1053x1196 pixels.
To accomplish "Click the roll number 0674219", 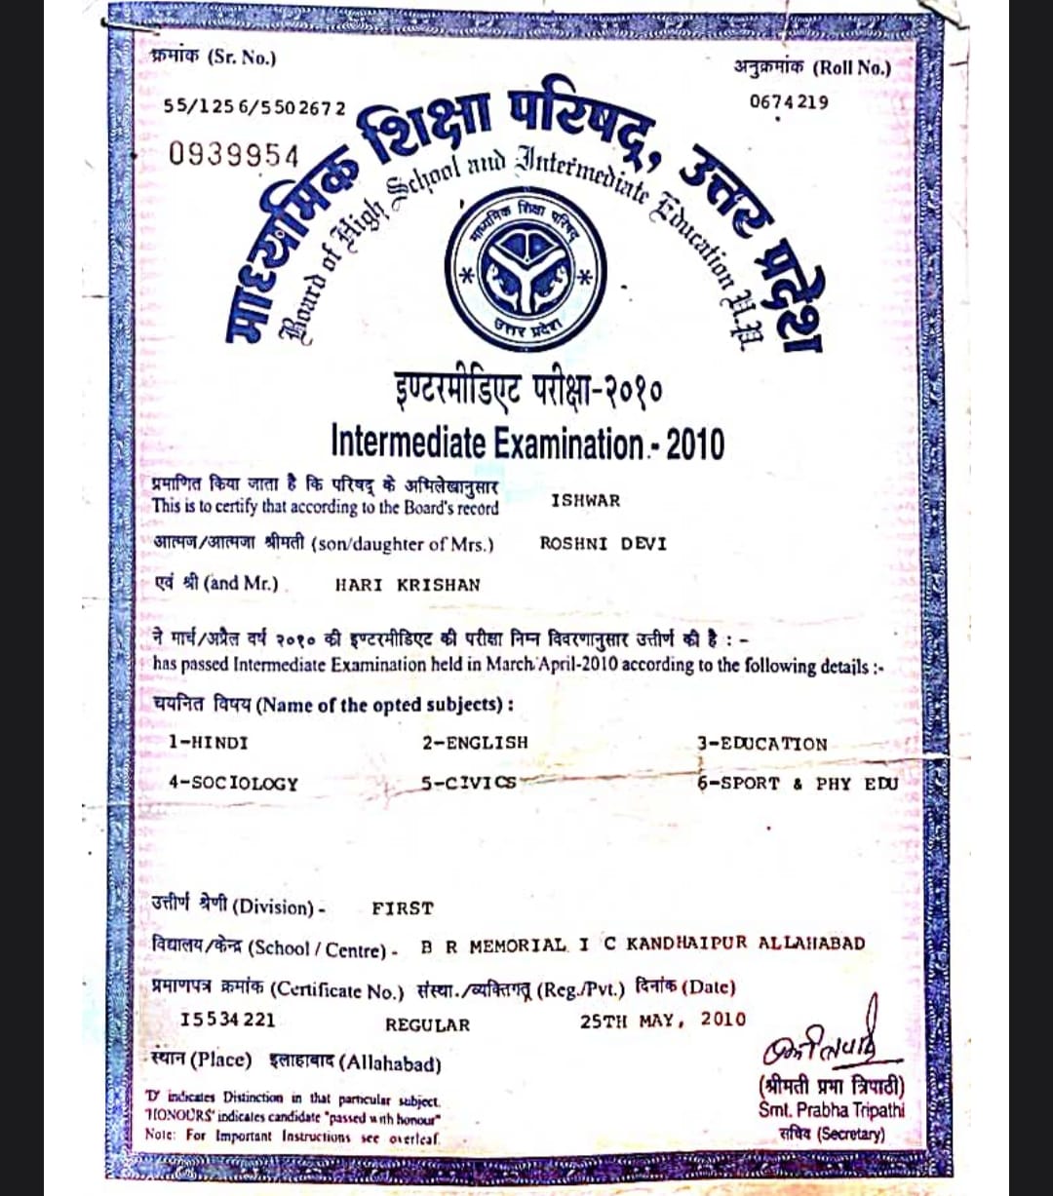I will coord(789,101).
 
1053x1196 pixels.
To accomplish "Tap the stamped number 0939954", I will coord(234,153).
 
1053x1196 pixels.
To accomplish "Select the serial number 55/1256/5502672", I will coord(253,106).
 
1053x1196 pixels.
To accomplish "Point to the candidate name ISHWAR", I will coord(585,501).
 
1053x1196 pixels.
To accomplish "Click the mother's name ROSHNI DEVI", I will coord(603,544).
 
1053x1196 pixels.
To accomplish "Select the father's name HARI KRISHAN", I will coord(408,585).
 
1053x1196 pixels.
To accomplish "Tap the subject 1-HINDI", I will coord(208,743).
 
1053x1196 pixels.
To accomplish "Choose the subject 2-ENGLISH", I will coord(475,743).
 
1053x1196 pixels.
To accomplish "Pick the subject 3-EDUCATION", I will coord(761,744).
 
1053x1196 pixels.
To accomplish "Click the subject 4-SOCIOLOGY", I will coord(233,784).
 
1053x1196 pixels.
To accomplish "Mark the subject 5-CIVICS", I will coord(469,783).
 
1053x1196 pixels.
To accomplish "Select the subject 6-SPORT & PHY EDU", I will coord(798,784).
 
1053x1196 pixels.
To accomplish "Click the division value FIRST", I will coord(403,908).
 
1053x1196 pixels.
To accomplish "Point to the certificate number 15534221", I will coord(228,1021).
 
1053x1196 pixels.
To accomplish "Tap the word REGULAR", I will coord(427,1025).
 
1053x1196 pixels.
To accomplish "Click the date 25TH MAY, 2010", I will coord(662,1021).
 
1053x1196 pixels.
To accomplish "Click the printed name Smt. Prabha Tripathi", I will coord(832,1109).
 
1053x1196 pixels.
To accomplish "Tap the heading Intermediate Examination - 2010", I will coord(527,443).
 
